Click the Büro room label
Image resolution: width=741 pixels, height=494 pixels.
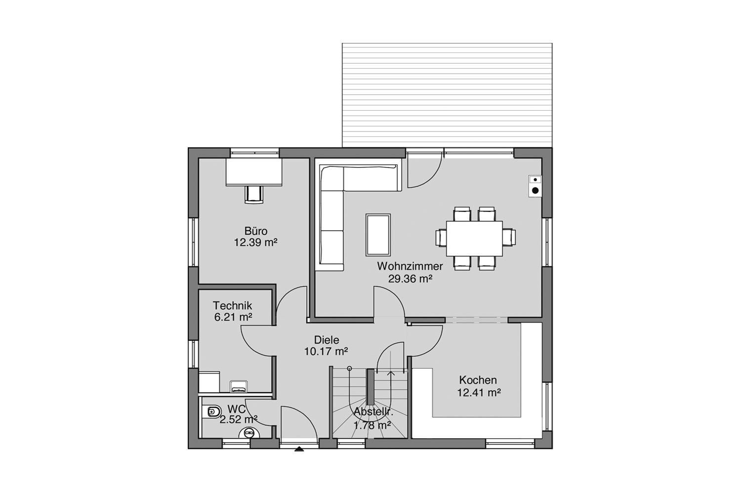pos(256,231)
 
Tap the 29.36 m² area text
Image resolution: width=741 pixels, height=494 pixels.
pos(410,279)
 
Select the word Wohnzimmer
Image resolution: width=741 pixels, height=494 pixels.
pos(410,266)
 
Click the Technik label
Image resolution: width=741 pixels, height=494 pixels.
pos(232,305)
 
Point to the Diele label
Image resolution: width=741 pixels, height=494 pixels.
pos(327,340)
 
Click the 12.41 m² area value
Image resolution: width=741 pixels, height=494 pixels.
pos(479,393)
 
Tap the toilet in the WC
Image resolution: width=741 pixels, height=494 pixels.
pos(213,412)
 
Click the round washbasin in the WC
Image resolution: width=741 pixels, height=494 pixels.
pos(249,432)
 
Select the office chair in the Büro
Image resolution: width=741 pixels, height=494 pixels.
pos(254,195)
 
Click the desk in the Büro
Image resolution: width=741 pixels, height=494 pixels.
pos(254,172)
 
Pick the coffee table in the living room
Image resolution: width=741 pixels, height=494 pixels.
pos(378,235)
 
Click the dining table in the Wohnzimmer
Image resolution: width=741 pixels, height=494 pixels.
pos(474,239)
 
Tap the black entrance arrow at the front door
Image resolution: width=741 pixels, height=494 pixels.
pos(299,449)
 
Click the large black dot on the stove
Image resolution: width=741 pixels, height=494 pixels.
pos(535,191)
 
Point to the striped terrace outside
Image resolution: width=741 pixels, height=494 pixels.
pos(447,95)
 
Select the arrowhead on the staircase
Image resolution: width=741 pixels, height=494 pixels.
pos(391,373)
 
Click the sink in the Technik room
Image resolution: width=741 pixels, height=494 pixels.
pos(238,386)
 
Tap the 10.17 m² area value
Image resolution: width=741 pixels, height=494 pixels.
pos(326,351)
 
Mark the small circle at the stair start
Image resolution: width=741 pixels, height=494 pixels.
pos(350,369)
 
